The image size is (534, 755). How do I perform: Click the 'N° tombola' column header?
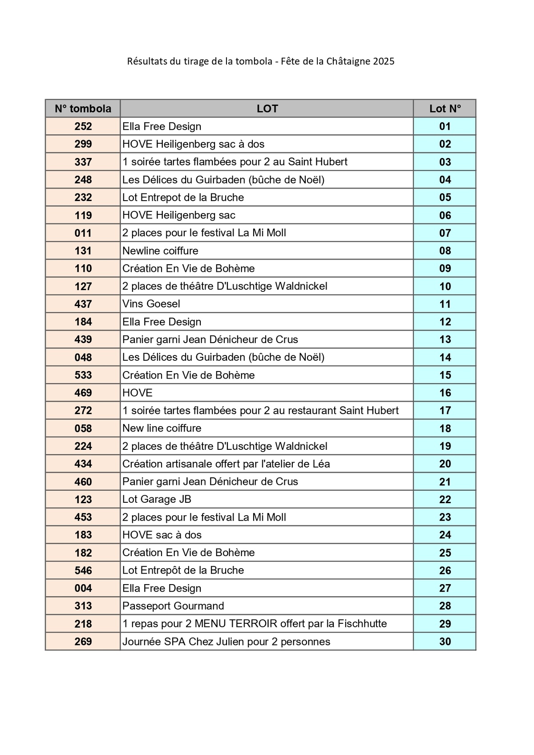coord(83,109)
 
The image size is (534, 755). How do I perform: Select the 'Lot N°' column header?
coord(445,109)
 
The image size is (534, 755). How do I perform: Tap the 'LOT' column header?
coord(267,109)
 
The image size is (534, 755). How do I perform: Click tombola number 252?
coord(83,126)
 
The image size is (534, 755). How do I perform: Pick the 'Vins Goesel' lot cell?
coord(151,304)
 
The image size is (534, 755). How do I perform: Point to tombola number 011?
coord(83,233)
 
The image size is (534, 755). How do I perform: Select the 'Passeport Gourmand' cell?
coord(173,606)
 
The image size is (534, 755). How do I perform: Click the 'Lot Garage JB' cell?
coord(157,499)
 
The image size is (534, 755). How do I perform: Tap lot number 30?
coord(445,642)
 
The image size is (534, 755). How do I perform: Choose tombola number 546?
coord(83,570)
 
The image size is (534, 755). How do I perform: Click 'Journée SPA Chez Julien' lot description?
coord(226,642)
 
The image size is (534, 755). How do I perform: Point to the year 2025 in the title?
coord(384,61)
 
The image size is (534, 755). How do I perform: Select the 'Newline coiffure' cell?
coord(160,251)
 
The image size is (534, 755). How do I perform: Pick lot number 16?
coord(445,393)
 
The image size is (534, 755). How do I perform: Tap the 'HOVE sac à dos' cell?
coord(162,535)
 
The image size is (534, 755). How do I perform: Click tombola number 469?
coord(83,393)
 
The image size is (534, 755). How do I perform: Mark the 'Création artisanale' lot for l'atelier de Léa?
coord(226,464)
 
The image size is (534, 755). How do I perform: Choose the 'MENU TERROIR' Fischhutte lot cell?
coord(255,624)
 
